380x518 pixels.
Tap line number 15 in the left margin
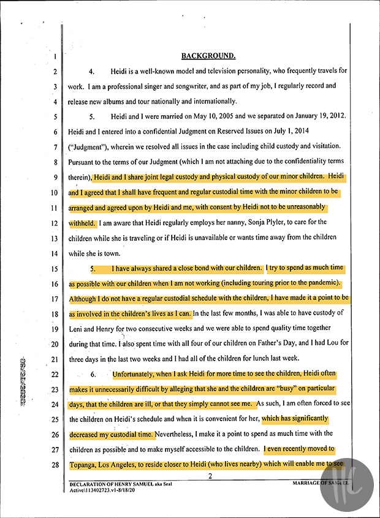(55, 269)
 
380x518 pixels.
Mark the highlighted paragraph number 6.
(92, 374)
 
